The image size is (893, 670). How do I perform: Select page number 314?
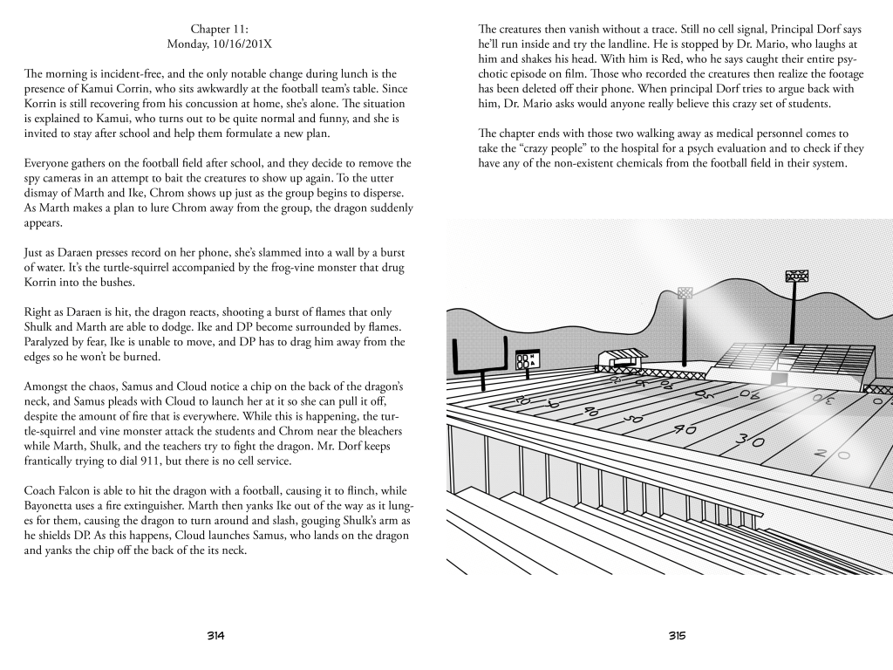click(x=216, y=635)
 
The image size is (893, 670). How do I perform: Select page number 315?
click(x=678, y=635)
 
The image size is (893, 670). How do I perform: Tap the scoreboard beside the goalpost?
click(x=526, y=360)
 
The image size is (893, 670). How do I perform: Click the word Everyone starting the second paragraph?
click(x=51, y=163)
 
